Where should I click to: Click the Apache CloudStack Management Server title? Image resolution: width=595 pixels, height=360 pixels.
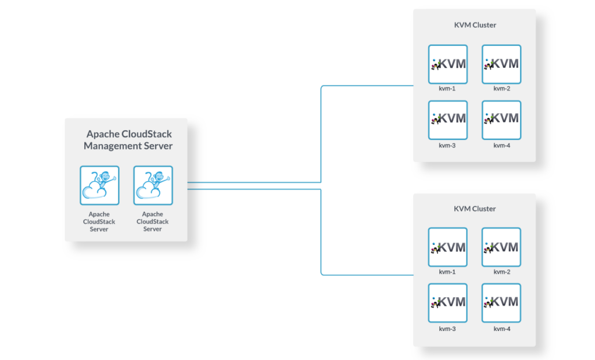point(128,140)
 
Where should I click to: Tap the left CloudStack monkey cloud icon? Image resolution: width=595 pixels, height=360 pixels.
point(99,185)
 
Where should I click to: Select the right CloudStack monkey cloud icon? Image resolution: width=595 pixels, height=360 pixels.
point(153,185)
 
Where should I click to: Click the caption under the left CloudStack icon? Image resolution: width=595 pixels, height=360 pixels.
point(99,222)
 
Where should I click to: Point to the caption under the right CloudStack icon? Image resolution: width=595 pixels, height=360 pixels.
point(153,222)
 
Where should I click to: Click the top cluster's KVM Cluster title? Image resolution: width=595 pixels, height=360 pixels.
point(475,26)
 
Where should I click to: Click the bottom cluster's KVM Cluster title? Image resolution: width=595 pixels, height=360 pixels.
point(475,208)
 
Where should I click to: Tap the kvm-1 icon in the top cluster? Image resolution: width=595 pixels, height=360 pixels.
point(448,64)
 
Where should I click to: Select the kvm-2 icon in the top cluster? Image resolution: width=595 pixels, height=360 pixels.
point(501,64)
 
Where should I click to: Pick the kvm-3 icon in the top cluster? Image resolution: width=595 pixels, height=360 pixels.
point(448,120)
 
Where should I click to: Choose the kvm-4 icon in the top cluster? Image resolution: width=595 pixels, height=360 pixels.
point(501,120)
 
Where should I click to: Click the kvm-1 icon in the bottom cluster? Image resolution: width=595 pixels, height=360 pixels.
point(448,247)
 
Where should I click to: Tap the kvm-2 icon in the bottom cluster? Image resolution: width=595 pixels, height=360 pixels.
point(501,247)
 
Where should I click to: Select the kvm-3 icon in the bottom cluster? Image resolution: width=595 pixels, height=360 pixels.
point(448,303)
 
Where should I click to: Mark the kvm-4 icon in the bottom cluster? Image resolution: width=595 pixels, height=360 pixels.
point(501,303)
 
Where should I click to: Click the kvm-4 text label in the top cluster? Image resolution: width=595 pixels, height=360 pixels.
point(501,145)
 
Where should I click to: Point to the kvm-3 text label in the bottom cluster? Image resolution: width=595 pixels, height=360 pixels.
point(447,329)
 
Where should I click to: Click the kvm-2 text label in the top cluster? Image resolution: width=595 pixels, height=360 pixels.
point(501,89)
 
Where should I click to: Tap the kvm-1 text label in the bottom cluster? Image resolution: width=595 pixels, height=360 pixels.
point(447,272)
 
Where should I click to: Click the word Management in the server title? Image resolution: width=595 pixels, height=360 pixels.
point(112,146)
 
